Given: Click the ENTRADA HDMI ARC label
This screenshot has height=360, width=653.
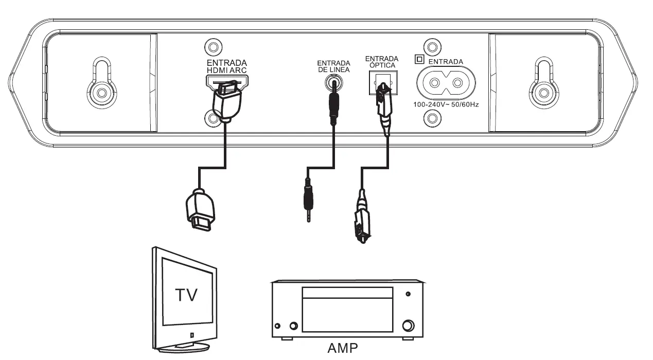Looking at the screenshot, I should coord(226,66).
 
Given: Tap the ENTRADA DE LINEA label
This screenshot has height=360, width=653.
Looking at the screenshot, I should coord(333,66).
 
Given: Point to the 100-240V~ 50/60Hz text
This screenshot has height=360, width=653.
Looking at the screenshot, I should coord(446,104).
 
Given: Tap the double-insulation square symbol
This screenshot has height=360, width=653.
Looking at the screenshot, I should coord(419,60).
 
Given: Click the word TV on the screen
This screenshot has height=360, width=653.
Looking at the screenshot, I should coord(186,295).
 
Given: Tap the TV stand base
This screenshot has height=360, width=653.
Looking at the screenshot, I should coord(184,349).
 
